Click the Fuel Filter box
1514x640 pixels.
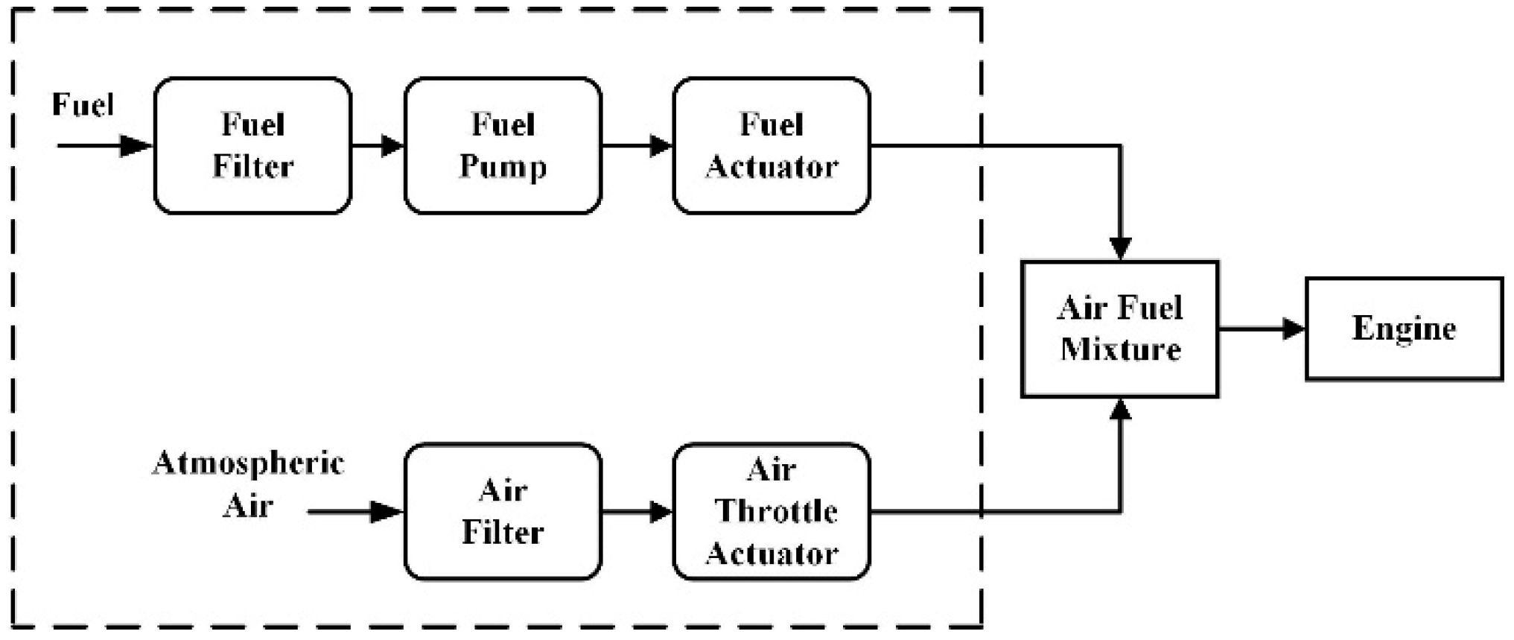(252, 146)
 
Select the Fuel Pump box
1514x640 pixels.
(503, 146)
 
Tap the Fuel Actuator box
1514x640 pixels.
(772, 146)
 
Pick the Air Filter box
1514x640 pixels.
(503, 512)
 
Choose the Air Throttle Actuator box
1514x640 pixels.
(772, 512)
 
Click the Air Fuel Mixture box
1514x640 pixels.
(1119, 329)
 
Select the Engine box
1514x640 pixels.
(1404, 329)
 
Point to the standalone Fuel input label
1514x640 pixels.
(83, 104)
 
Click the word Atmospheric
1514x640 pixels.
(248, 463)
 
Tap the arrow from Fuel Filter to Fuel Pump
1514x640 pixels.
(378, 146)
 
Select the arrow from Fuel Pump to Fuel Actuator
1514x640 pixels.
(637, 146)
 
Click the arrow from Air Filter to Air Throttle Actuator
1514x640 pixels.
(637, 512)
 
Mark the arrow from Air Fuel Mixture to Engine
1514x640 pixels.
(1262, 329)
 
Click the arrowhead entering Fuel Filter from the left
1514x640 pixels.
(136, 146)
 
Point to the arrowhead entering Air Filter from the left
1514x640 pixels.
(387, 512)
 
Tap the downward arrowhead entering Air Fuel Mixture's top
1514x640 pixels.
(1120, 247)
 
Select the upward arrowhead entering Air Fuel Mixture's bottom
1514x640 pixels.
(1120, 410)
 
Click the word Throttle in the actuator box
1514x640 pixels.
(776, 512)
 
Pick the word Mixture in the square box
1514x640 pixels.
(1120, 349)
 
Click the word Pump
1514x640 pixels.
(503, 167)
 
